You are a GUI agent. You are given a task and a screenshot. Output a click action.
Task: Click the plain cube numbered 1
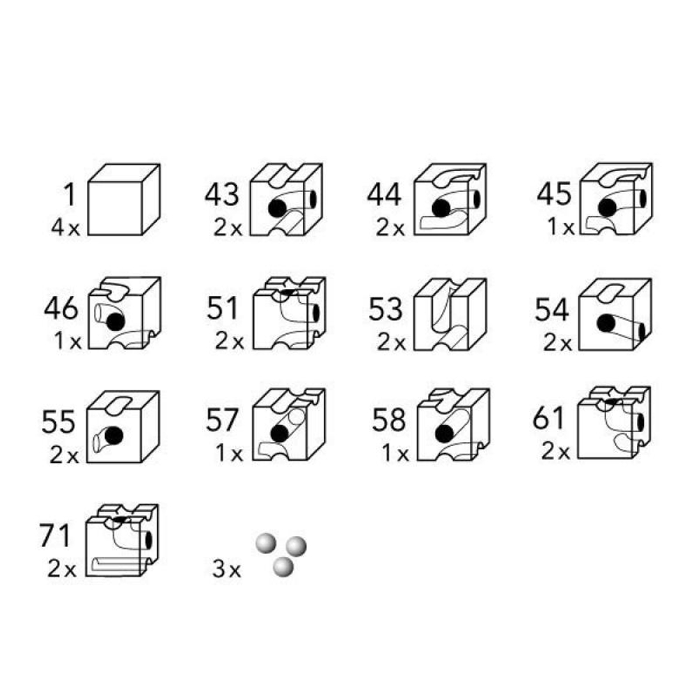pos(124,200)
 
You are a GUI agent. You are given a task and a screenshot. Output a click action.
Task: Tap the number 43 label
pos(222,194)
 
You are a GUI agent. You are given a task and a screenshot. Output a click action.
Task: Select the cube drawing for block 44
pos(450,199)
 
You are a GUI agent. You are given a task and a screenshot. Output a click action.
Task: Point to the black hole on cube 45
pos(607,207)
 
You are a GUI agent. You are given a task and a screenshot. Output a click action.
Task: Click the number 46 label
pos(61,308)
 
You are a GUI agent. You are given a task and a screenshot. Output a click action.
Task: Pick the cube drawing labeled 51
pos(290,313)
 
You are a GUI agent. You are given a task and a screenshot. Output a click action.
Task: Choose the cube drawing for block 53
pos(450,315)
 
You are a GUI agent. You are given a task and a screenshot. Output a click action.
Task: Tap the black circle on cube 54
pos(606,323)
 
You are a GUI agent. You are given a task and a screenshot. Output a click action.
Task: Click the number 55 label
pos(58,422)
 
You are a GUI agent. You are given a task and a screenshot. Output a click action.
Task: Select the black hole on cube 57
pos(279,434)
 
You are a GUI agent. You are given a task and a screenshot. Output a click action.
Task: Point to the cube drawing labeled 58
pos(453,425)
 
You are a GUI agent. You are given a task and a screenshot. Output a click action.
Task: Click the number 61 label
pos(548,418)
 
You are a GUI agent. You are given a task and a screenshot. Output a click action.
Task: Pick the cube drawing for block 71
pos(122,540)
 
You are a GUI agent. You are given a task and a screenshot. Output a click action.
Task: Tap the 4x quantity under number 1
pos(65,228)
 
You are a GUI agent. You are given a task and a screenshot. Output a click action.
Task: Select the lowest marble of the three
pos(283,567)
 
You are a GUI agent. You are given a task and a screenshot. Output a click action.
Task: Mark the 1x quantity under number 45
pos(560,227)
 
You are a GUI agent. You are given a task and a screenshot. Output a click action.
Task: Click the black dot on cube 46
pos(116,322)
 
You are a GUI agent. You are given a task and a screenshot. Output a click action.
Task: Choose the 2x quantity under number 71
pos(62,569)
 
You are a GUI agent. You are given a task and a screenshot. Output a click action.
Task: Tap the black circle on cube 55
pos(113,436)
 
